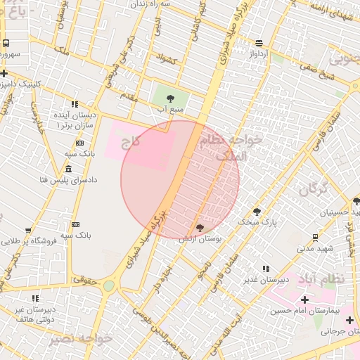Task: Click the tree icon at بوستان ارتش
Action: tap(200, 228)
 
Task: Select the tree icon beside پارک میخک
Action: tap(257, 210)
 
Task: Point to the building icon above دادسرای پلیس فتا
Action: tap(68, 169)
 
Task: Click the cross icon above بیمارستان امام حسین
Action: tap(304, 300)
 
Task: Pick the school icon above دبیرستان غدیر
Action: tap(265, 269)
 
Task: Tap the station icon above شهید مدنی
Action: tap(314, 237)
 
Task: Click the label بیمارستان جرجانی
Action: tap(336, 332)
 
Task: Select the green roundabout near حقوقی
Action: tap(109, 286)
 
